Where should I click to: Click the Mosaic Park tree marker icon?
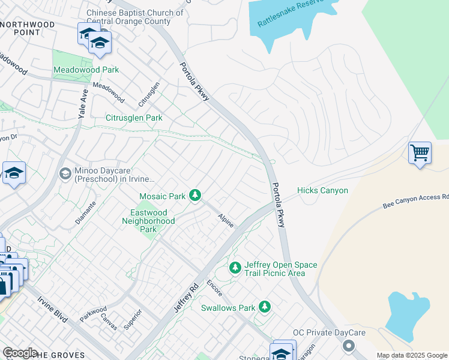194,195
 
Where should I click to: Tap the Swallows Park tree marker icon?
265,307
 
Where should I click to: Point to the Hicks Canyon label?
322,190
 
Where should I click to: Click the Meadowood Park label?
86,70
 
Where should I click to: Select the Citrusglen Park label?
134,118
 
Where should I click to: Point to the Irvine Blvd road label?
52,310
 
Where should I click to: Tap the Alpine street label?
225,220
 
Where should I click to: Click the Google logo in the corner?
20,353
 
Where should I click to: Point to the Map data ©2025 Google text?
411,355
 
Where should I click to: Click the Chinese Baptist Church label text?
135,17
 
